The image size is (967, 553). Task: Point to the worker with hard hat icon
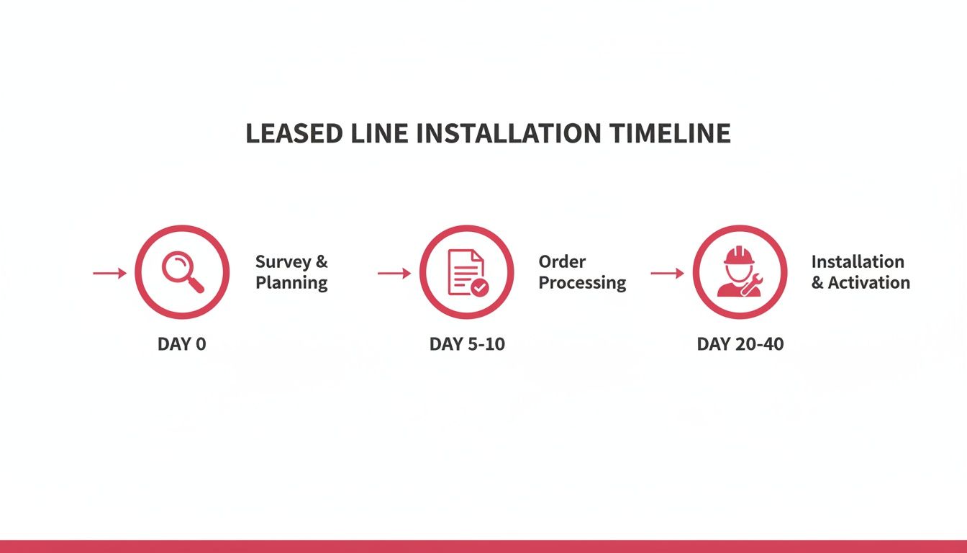(739, 272)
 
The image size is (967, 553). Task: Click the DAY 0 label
(181, 344)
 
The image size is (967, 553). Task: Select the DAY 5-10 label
(467, 344)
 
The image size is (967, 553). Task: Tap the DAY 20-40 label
(740, 344)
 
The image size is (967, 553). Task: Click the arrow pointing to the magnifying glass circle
(109, 273)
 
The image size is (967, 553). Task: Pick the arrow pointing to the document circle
(394, 273)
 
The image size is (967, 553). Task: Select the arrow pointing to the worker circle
(667, 273)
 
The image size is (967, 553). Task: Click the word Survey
(282, 262)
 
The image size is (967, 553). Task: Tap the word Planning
(291, 283)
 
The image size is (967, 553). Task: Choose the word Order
(562, 262)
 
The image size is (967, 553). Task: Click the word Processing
(582, 283)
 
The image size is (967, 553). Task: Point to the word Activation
(868, 283)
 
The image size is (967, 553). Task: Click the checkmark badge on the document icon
(479, 287)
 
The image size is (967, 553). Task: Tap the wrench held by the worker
(750, 287)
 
